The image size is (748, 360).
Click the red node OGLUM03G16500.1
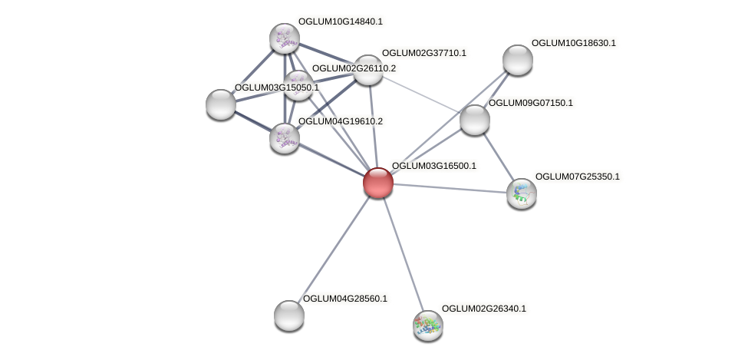377,183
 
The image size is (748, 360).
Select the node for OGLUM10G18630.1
517,60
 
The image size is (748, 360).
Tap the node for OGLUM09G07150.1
474,119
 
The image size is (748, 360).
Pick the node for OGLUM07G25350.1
521,193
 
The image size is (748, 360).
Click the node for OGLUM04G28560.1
288,315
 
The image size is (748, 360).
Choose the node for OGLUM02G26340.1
427,325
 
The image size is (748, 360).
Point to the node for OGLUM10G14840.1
284,38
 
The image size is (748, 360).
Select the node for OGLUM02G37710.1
367,70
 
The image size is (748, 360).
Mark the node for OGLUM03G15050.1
220,104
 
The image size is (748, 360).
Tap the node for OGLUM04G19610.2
284,138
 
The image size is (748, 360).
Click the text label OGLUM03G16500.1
433,166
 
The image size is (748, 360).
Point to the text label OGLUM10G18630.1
573,43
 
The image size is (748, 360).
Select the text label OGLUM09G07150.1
530,103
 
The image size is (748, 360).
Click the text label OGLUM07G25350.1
577,177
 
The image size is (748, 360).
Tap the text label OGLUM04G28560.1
345,299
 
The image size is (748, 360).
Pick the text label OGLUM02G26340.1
483,309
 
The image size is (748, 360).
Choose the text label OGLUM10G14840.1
340,21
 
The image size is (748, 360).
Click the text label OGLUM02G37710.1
423,53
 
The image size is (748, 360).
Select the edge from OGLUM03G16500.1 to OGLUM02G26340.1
402,253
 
